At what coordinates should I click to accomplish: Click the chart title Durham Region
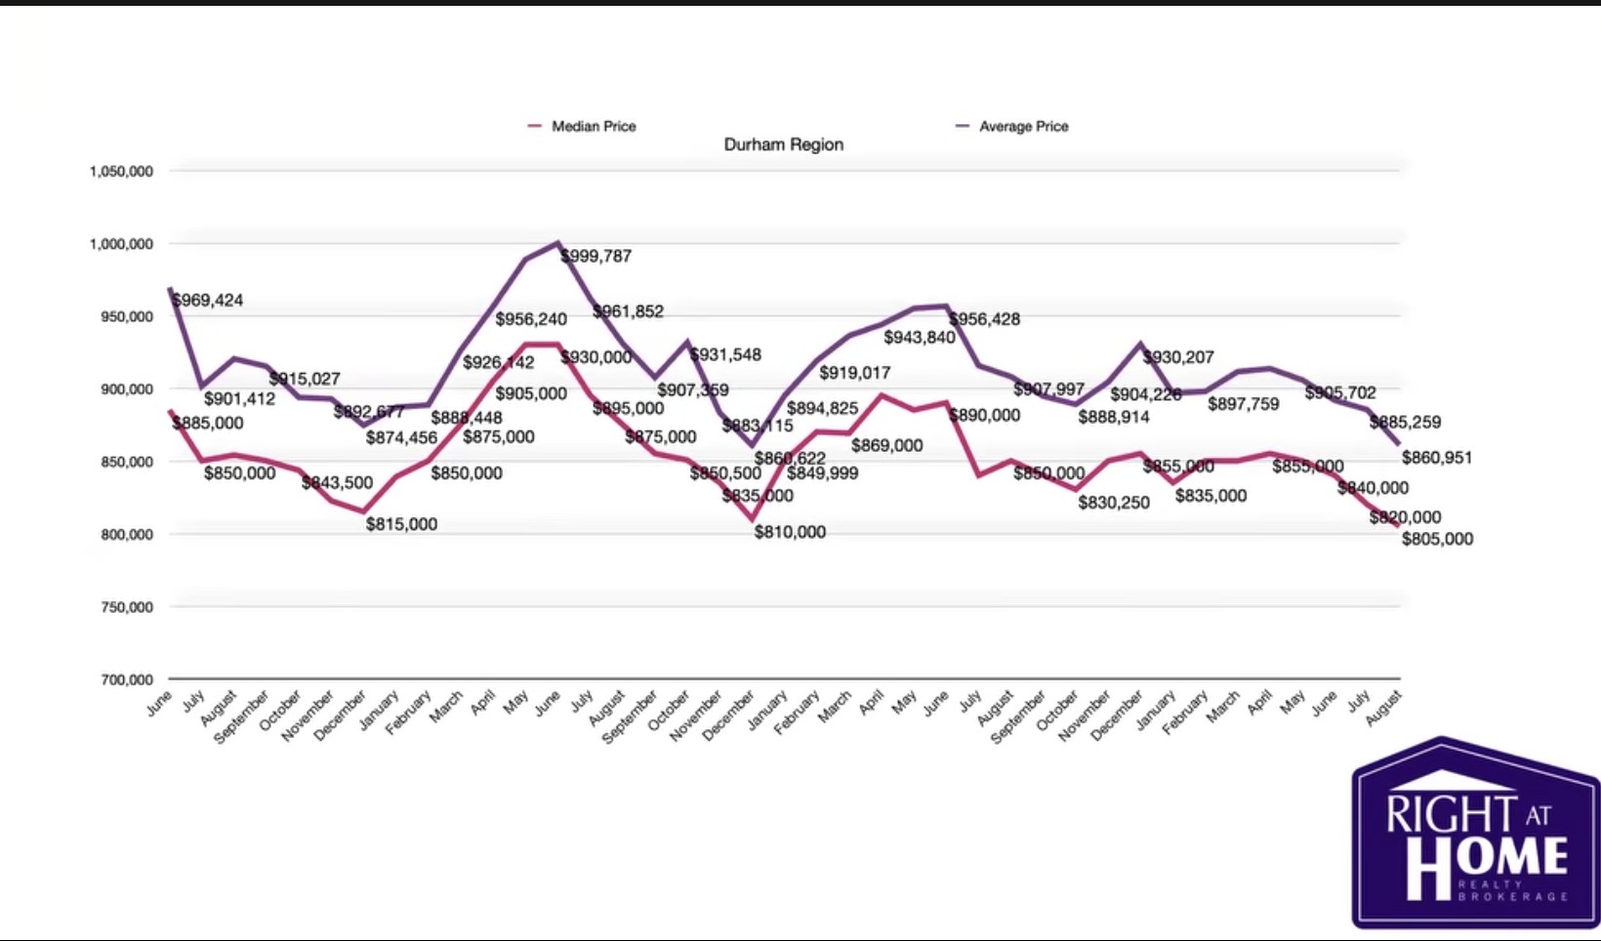tap(783, 144)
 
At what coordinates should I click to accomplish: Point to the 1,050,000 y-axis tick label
tap(121, 172)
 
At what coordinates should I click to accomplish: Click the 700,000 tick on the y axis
tap(127, 679)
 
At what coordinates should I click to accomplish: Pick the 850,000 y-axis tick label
tap(127, 462)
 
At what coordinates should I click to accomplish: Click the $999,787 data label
tap(596, 256)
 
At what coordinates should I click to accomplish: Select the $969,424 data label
tap(208, 301)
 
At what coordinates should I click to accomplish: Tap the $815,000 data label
tap(401, 524)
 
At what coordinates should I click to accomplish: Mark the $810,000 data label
tap(790, 532)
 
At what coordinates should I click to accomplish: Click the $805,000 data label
tap(1437, 539)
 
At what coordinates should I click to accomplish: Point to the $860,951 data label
tap(1437, 458)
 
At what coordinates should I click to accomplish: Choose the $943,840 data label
tap(920, 338)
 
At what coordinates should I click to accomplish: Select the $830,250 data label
tap(1114, 503)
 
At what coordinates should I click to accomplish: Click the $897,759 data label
tap(1243, 404)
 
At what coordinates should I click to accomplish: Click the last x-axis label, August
tap(1384, 708)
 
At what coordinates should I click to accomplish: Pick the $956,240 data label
tap(531, 319)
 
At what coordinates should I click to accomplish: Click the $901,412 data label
tap(239, 399)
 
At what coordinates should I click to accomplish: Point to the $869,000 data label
tap(886, 445)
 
